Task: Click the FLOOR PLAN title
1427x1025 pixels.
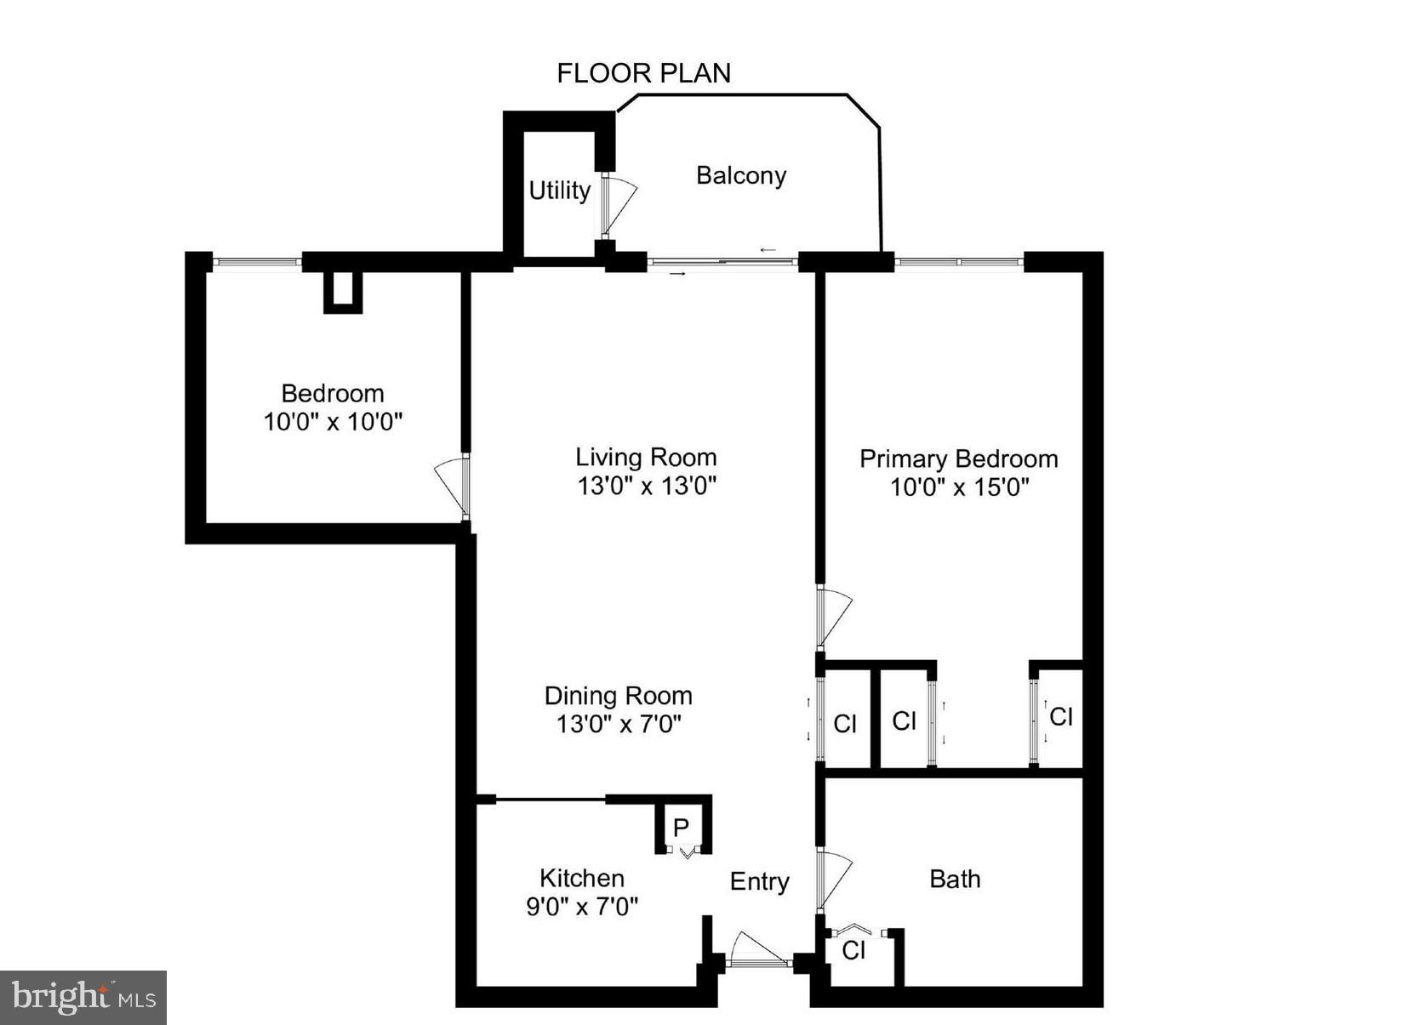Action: (643, 74)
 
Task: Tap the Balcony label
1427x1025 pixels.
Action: (740, 176)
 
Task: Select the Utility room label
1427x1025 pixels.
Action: (559, 191)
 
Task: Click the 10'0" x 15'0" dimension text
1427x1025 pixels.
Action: (959, 487)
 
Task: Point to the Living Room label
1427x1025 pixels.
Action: (646, 458)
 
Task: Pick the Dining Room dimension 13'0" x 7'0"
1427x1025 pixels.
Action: (619, 724)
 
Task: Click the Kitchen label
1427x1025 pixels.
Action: (582, 878)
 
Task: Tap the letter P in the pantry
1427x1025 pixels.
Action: (681, 827)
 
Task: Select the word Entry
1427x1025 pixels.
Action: (759, 882)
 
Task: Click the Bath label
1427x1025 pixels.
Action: (955, 879)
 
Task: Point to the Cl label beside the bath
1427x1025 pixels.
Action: (853, 950)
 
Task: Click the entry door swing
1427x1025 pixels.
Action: (753, 948)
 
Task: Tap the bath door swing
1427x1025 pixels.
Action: (833, 879)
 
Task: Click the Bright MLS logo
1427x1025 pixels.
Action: (83, 997)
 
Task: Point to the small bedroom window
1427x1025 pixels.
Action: (256, 261)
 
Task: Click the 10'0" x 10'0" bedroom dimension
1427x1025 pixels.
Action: (333, 422)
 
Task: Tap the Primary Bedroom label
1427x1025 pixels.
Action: (958, 459)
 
